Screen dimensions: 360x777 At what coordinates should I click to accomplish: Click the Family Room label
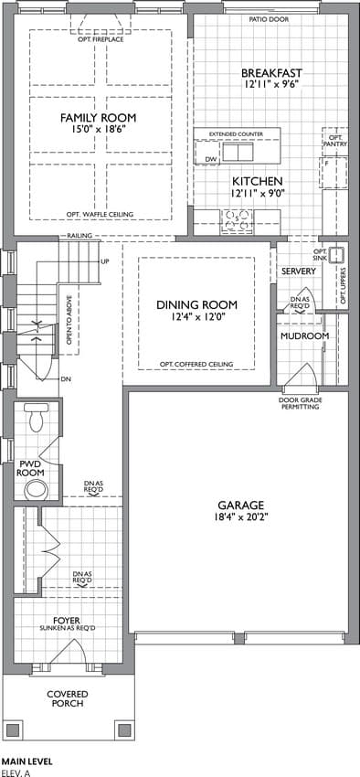pyautogui.click(x=98, y=118)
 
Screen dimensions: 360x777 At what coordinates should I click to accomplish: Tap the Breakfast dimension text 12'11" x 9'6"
pyautogui.click(x=271, y=84)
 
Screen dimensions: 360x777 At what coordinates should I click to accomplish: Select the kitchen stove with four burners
pyautogui.click(x=238, y=220)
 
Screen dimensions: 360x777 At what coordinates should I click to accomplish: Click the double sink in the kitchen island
pyautogui.click(x=238, y=152)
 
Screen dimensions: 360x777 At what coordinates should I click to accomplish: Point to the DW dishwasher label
pyautogui.click(x=211, y=160)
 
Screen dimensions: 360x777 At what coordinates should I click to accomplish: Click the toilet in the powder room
pyautogui.click(x=37, y=417)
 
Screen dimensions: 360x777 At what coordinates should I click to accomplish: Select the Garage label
pyautogui.click(x=240, y=506)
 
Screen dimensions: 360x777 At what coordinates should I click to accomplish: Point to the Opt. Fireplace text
pyautogui.click(x=101, y=39)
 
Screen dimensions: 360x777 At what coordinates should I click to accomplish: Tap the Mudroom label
pyautogui.click(x=304, y=335)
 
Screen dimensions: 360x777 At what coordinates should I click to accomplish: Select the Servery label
pyautogui.click(x=298, y=271)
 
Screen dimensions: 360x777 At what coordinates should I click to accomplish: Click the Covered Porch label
pyautogui.click(x=68, y=698)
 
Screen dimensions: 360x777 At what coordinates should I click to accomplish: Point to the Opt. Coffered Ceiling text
pyautogui.click(x=196, y=364)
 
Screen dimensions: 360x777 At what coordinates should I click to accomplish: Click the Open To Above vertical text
pyautogui.click(x=69, y=320)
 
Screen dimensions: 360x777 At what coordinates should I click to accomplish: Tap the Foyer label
pyautogui.click(x=67, y=621)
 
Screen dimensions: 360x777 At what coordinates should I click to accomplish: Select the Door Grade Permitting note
pyautogui.click(x=299, y=403)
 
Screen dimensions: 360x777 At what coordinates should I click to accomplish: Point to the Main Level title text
pyautogui.click(x=26, y=761)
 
